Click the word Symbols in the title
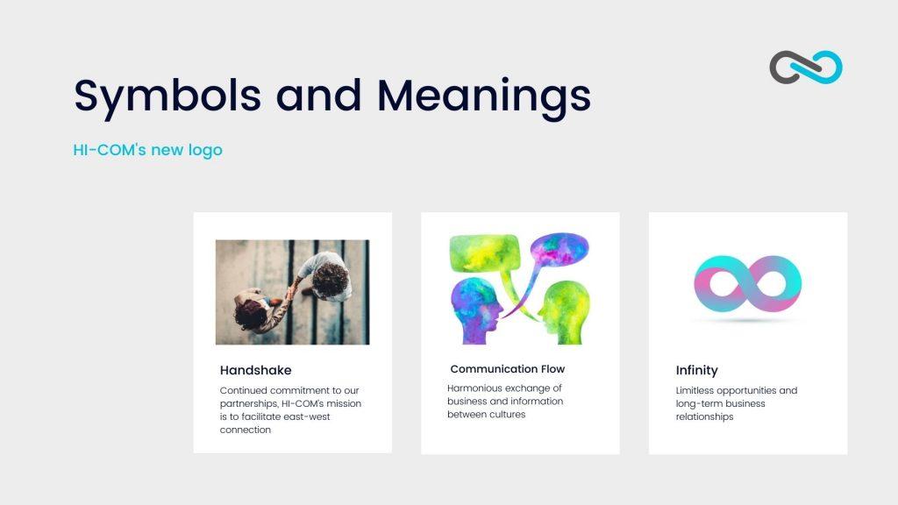click(167, 96)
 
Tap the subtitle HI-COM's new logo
click(147, 150)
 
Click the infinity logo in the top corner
click(806, 67)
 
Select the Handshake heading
click(255, 370)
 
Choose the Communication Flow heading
click(508, 369)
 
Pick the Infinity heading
click(696, 370)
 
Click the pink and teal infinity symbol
click(747, 283)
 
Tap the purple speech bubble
click(559, 251)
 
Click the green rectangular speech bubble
click(484, 253)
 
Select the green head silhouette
click(564, 313)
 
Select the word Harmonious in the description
click(475, 388)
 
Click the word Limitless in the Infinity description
click(695, 390)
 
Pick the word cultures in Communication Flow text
click(506, 414)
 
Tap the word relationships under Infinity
click(704, 416)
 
